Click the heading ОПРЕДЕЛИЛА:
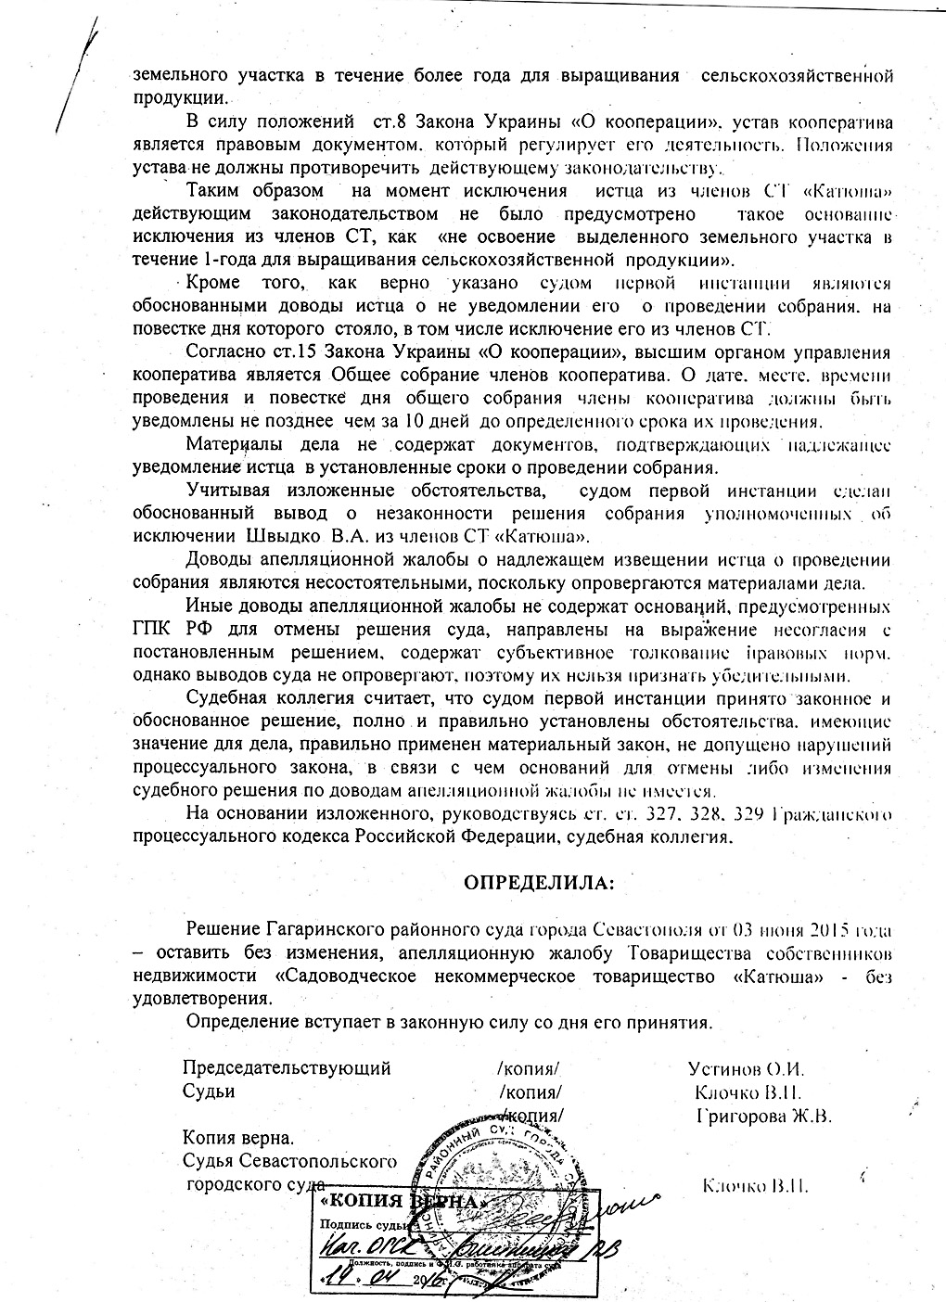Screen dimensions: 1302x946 click(538, 881)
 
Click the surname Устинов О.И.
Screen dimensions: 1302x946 click(737, 1067)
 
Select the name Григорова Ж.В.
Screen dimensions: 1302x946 click(763, 1115)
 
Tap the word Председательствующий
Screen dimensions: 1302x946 click(287, 1067)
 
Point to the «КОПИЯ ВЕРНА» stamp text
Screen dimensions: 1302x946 click(400, 1202)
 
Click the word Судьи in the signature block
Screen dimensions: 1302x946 click(209, 1091)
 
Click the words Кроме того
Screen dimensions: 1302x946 click(242, 283)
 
